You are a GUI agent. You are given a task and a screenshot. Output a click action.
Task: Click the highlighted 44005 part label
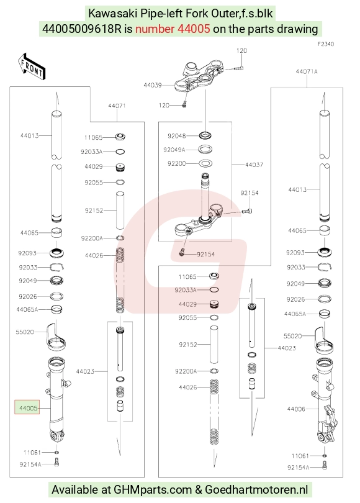[x=27, y=407]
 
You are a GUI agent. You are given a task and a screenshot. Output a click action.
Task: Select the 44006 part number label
[x=296, y=409]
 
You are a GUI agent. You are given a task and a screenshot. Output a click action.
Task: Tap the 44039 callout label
[x=152, y=85]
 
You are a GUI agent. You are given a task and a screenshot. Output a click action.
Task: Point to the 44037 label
[x=254, y=165]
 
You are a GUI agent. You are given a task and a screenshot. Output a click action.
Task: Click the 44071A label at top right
[x=307, y=71]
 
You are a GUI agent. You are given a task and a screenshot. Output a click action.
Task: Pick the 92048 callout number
[x=177, y=136]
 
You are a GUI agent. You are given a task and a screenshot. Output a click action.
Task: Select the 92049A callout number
[x=174, y=150]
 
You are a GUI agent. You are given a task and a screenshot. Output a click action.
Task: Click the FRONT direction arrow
[x=32, y=66]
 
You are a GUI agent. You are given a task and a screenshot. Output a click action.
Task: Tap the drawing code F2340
[x=326, y=44]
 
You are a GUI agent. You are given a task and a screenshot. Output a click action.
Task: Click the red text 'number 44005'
[x=173, y=29]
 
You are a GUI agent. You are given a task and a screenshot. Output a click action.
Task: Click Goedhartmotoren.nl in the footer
[x=256, y=490]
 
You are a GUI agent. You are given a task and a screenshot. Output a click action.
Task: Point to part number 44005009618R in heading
[x=82, y=29]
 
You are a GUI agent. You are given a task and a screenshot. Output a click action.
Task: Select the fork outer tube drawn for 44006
[x=325, y=401]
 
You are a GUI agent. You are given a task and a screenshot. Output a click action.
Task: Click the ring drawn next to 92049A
[x=206, y=149]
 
